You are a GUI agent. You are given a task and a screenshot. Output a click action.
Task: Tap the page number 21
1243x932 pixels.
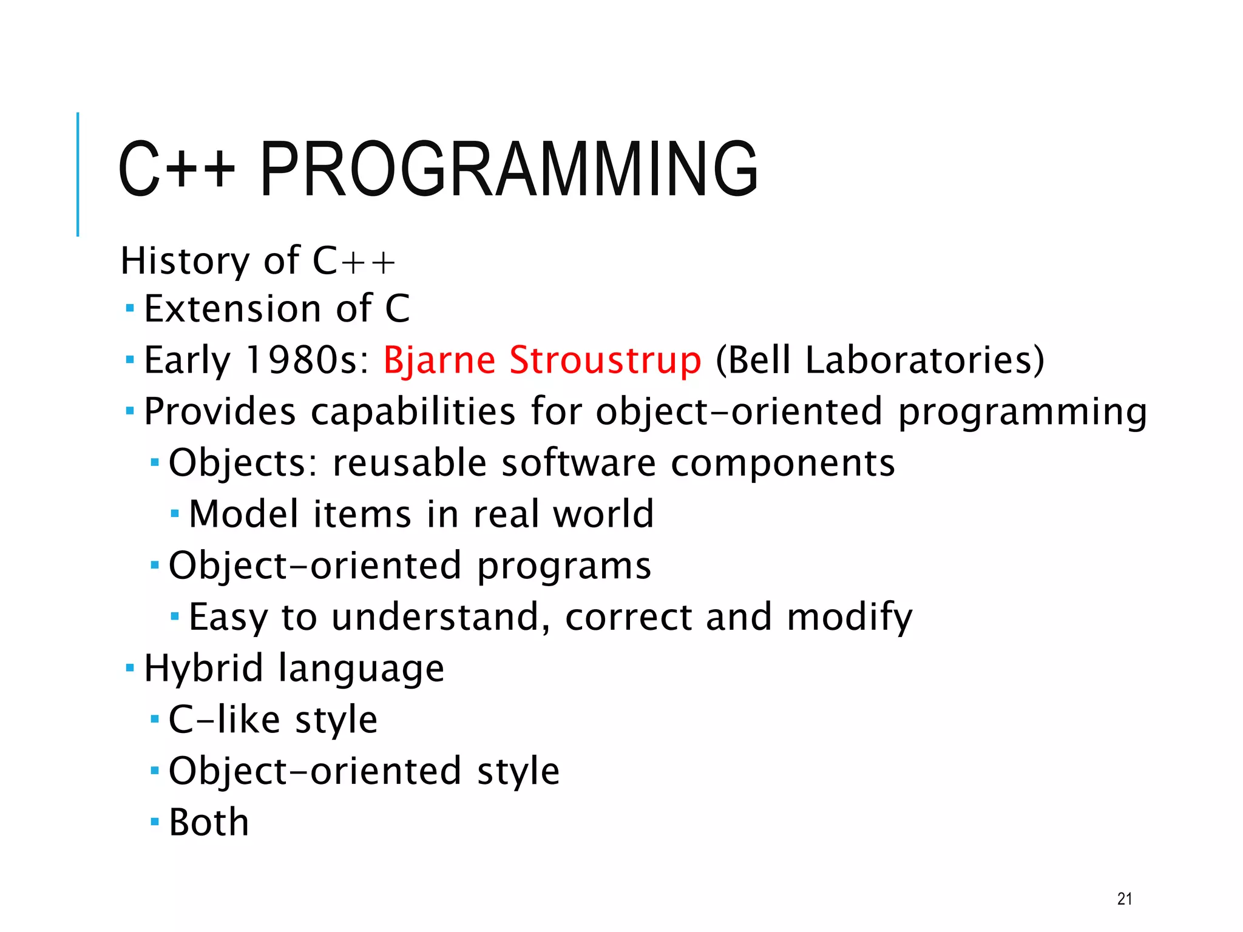1124,899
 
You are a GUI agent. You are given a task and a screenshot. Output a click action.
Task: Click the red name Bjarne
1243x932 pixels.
439,360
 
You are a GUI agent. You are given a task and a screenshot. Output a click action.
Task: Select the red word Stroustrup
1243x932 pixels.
605,360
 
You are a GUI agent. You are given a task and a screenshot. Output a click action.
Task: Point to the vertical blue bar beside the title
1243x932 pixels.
78,174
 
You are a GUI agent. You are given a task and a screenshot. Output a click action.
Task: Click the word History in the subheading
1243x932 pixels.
185,261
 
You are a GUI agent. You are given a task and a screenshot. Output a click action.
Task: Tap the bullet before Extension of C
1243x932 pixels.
129,308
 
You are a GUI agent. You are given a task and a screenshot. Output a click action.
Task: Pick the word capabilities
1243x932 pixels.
413,411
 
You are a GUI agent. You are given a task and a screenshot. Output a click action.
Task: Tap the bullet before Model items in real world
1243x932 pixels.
175,514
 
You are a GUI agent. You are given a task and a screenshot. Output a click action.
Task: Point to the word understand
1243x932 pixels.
436,617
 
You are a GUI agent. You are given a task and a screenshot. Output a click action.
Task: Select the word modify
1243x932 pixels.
849,617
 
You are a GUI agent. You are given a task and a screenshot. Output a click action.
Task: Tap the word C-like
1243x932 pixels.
225,720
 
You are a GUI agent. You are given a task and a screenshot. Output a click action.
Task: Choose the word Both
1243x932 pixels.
209,823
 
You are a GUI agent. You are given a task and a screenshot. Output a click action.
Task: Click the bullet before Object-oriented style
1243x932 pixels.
154,771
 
